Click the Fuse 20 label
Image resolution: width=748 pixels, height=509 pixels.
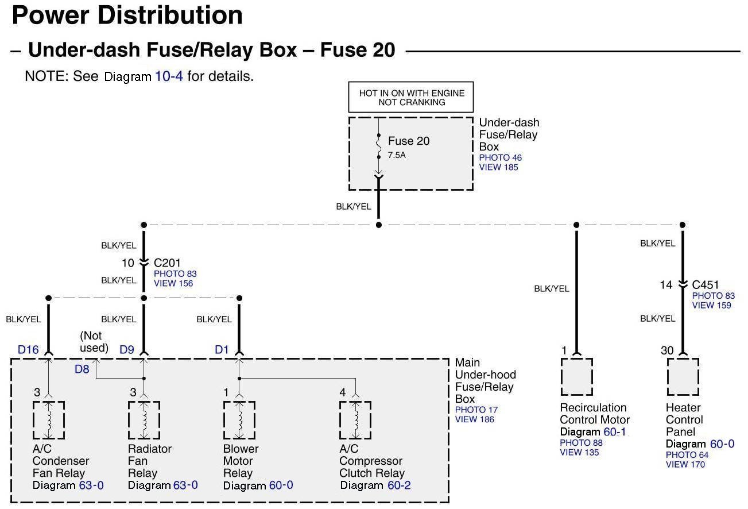tap(408, 141)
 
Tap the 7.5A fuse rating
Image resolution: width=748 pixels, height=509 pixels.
tap(397, 156)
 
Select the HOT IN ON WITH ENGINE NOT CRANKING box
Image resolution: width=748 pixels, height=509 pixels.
tap(411, 98)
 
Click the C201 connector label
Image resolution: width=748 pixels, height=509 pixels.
tap(166, 263)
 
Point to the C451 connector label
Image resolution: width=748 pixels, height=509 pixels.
tap(705, 285)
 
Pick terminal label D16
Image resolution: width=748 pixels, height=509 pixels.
tap(28, 349)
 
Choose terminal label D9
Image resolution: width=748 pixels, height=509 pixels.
tap(127, 349)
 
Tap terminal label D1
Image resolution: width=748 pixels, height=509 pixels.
tap(222, 349)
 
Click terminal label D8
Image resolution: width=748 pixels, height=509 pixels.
tap(82, 369)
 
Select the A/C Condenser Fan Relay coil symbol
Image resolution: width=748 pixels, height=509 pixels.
tap(49, 420)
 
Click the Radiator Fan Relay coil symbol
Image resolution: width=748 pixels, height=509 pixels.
tap(144, 420)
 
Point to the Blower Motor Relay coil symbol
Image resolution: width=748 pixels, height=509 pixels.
tap(239, 420)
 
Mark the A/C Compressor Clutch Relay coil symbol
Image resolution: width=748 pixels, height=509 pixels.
tap(355, 420)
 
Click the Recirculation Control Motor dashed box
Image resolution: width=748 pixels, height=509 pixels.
tap(576, 377)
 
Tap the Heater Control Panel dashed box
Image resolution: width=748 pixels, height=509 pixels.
tap(683, 377)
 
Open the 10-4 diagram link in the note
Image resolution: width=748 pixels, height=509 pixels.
tap(169, 76)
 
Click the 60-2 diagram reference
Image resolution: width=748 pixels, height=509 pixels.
tap(399, 485)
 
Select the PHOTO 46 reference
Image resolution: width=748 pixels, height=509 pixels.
tap(501, 158)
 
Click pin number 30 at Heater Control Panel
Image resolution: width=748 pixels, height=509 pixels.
tap(666, 350)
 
